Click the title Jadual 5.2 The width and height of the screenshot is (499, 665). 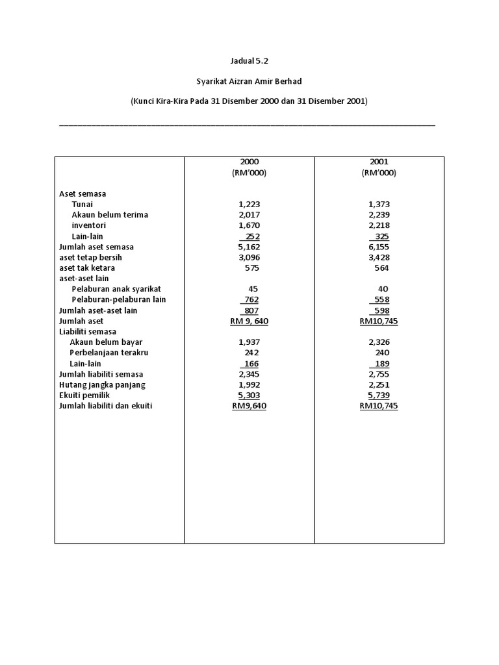coord(249,61)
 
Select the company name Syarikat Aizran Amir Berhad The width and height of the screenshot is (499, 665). coord(249,81)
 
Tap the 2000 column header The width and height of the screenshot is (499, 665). coord(249,162)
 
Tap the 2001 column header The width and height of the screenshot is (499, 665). coord(379,162)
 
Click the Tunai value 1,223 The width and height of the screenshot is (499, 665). coord(249,204)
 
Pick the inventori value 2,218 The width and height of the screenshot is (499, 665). coord(379,225)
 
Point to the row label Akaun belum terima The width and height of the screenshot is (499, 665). coord(110,215)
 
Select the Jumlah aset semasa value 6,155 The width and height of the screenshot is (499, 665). coord(379,247)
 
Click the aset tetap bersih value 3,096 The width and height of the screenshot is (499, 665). coord(249,257)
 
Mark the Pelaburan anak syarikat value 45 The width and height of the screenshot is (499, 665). coord(253,289)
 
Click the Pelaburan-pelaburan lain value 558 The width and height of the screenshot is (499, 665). coord(380,299)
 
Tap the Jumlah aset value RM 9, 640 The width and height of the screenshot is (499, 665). coord(249,321)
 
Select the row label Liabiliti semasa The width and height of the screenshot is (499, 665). coord(88,331)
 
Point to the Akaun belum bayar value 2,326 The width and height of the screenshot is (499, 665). coord(379,342)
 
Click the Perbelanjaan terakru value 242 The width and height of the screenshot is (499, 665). coord(249,353)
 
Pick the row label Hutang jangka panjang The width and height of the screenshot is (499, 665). coord(102,384)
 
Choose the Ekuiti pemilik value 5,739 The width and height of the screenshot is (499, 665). coord(379,395)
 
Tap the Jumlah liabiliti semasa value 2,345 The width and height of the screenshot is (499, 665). coord(249,374)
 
